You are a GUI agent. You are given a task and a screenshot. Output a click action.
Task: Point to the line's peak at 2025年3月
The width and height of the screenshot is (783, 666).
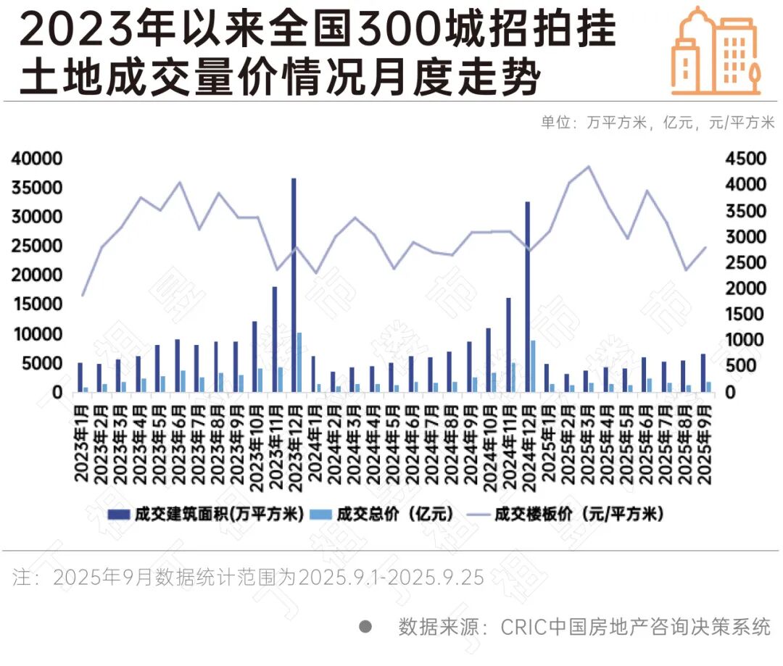tap(588, 167)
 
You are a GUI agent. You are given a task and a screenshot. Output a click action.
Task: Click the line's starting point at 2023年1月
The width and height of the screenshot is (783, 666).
tap(83, 295)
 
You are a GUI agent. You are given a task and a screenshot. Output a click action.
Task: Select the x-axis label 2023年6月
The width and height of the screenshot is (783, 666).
tap(178, 442)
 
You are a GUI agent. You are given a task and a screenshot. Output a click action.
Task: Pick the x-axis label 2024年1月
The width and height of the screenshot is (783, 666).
tap(314, 442)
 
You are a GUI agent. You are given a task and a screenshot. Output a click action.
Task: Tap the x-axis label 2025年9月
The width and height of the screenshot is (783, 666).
tap(703, 442)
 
